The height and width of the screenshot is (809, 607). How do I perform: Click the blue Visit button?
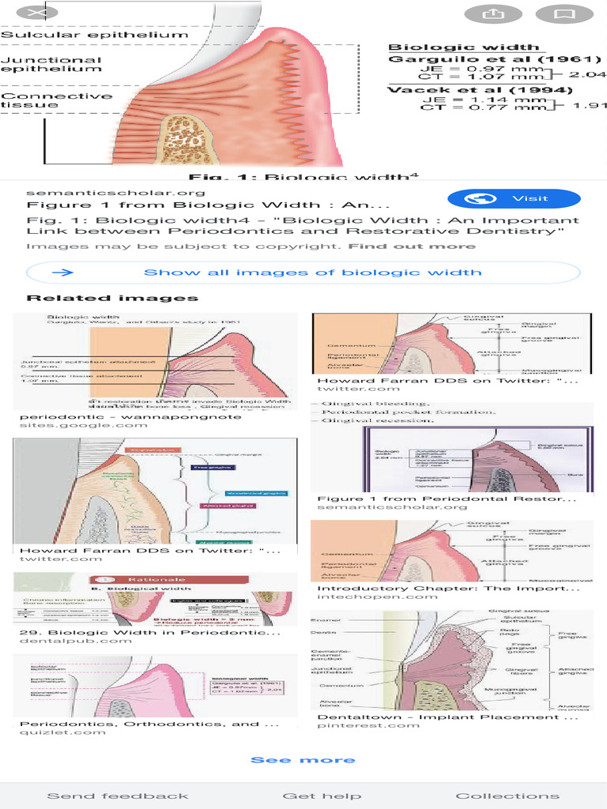coord(514,198)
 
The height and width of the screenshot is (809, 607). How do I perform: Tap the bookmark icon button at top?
coord(564,14)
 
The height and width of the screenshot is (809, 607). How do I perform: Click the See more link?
coord(303,760)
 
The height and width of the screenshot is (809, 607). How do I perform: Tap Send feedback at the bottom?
coord(118,796)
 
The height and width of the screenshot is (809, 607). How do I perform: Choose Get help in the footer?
coord(322,796)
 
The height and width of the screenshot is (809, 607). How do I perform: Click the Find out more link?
coord(412,246)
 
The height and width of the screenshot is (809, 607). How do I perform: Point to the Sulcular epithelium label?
coord(94,35)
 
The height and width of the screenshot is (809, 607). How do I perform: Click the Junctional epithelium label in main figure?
coord(51,64)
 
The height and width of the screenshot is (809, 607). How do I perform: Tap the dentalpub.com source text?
coord(76,641)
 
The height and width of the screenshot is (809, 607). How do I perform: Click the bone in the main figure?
coord(188,141)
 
